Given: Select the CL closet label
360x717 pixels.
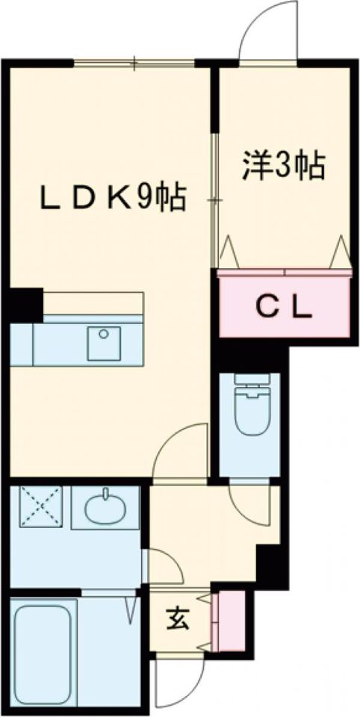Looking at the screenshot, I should point(284,307).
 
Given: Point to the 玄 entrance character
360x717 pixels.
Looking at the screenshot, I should point(176,618).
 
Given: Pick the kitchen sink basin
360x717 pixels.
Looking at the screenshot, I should point(102,344).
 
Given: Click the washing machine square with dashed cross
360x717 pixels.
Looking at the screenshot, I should point(39,506).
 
